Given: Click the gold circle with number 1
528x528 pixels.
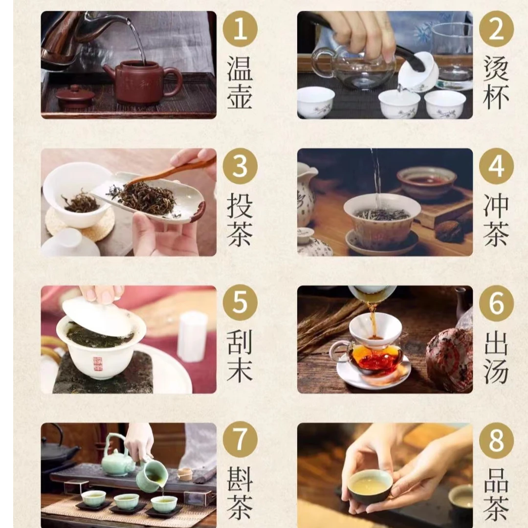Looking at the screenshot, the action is tap(240, 29).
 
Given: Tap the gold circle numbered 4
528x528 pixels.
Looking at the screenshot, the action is tap(496, 166).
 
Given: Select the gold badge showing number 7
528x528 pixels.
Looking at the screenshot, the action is tap(240, 439).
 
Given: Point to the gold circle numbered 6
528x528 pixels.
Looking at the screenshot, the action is tap(496, 303).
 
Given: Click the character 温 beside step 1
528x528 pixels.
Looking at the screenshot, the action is tap(240, 69).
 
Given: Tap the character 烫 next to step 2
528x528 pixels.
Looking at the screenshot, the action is tap(496, 68).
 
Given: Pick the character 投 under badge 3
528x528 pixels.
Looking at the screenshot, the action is tap(240, 205).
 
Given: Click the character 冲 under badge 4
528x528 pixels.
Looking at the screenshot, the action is tap(496, 205).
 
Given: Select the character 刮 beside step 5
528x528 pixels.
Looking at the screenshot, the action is tap(240, 342).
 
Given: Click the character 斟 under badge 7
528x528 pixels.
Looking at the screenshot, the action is tap(240, 479).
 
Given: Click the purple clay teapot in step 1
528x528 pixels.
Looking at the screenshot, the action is tap(143, 82).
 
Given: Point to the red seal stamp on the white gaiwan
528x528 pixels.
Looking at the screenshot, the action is tap(97, 364).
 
